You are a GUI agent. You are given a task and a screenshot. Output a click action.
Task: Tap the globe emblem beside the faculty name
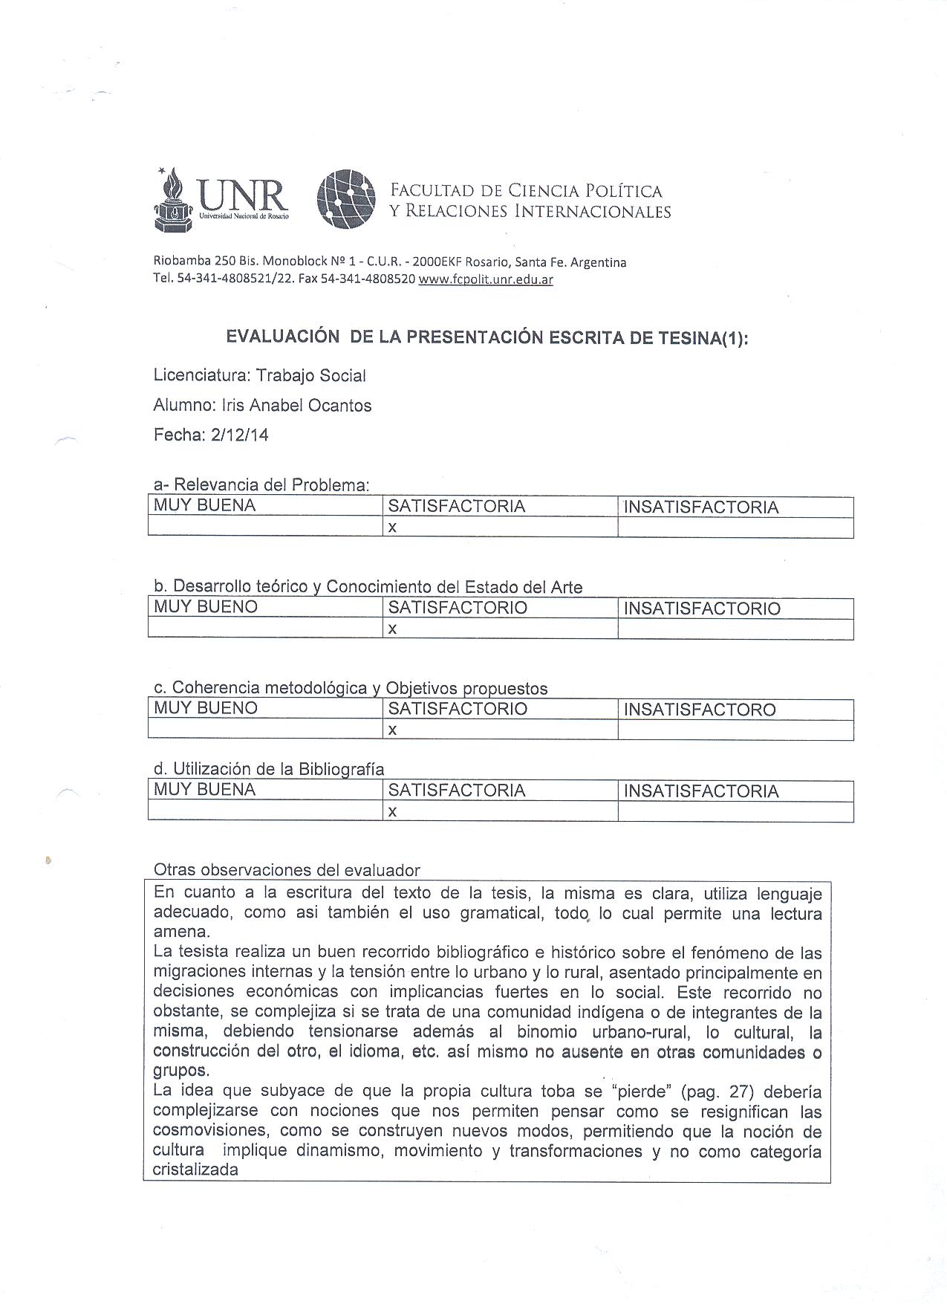[345, 198]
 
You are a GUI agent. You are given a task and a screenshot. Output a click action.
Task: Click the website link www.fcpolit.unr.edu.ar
[486, 279]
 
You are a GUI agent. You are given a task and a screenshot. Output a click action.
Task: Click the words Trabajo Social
[310, 376]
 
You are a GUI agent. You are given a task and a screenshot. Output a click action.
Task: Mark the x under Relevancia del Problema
[392, 528]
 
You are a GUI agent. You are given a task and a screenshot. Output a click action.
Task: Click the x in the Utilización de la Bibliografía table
[392, 812]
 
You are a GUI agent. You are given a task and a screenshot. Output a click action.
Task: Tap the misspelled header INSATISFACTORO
[700, 710]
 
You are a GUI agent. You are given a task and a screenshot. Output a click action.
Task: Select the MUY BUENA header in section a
[204, 506]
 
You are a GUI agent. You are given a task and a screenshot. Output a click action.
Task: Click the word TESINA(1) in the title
[700, 338]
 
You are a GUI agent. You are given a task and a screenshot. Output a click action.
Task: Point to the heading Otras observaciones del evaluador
[286, 870]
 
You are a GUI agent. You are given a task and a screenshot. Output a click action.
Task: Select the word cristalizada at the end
[195, 1170]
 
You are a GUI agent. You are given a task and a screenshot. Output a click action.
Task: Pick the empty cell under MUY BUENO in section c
[264, 730]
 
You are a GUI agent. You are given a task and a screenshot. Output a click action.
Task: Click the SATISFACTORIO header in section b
[457, 608]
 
